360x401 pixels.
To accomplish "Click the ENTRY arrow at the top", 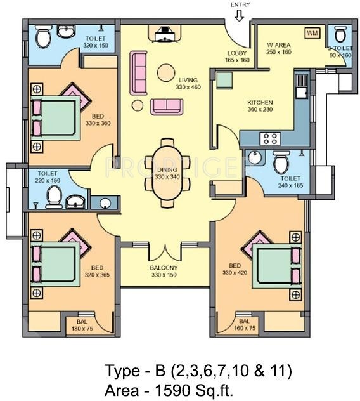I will click(x=238, y=16).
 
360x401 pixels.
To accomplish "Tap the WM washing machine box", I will click(x=311, y=32).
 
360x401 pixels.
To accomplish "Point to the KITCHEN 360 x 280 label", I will click(x=260, y=105).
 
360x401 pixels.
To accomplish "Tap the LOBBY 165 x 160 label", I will click(x=238, y=56).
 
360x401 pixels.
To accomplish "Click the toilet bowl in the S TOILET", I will click(x=340, y=36).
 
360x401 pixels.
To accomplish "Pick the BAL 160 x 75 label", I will click(x=244, y=325).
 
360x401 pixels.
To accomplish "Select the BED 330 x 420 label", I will click(x=234, y=268).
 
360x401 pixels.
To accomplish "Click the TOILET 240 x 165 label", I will click(x=290, y=182).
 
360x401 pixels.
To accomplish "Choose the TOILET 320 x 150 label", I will click(x=96, y=42).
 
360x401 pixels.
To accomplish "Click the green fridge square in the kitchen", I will click(x=223, y=81).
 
